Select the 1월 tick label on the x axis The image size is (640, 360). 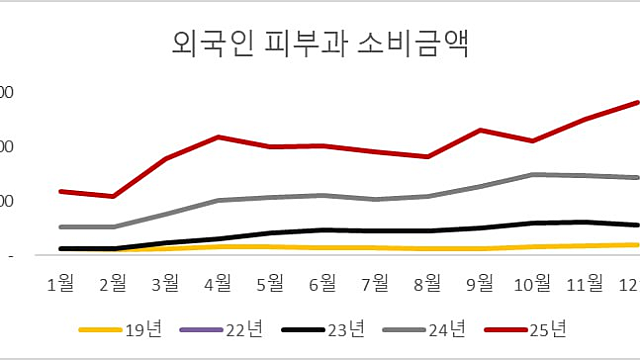[x=62, y=285]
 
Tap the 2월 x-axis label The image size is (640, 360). [x=114, y=285]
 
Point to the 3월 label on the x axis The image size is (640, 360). [x=166, y=285]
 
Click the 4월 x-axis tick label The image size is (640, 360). [x=218, y=285]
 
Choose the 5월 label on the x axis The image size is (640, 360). [x=270, y=285]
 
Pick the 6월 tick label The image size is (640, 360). [x=322, y=285]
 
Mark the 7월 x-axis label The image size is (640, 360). [x=375, y=285]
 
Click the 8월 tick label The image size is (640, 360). [x=427, y=285]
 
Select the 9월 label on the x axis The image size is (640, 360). [x=480, y=285]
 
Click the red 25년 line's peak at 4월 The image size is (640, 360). [x=218, y=136]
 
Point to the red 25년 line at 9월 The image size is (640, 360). [x=480, y=130]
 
